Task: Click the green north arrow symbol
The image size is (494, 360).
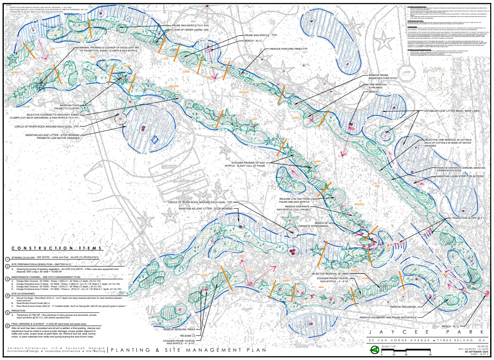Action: (375, 350)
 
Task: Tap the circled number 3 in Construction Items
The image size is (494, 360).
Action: (7, 279)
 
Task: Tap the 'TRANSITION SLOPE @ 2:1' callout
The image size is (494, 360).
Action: (470, 218)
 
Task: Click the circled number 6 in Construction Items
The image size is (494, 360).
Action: (7, 326)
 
